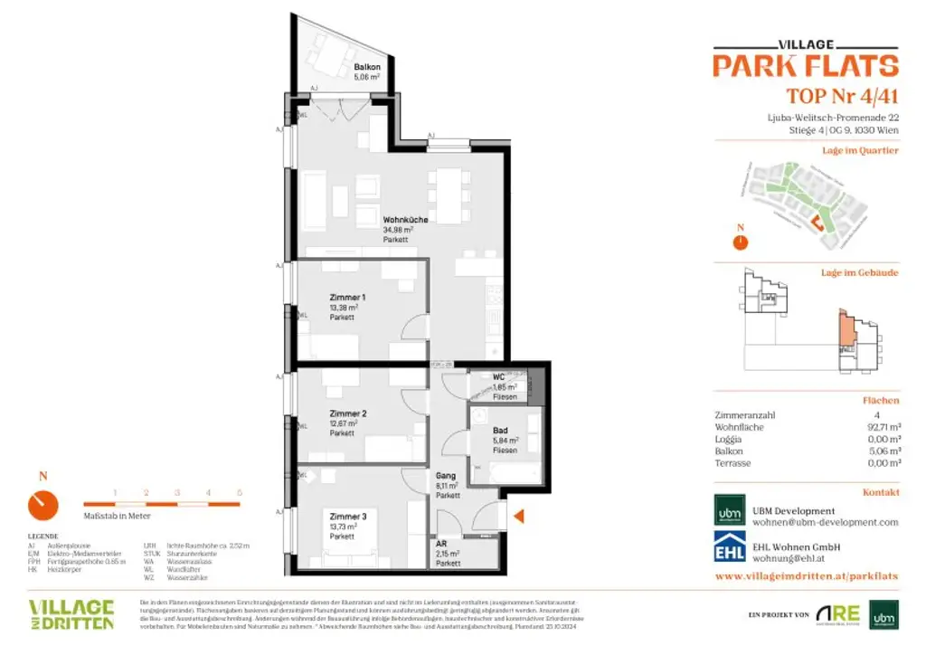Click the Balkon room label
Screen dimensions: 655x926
tap(366, 67)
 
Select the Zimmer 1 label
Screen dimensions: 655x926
tap(347, 297)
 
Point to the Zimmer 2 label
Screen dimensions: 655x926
tap(347, 413)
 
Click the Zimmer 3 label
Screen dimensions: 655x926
tap(347, 516)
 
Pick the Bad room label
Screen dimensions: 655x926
tap(500, 432)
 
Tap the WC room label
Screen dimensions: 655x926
tap(497, 377)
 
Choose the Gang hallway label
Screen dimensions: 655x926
tap(444, 476)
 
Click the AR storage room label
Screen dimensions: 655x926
tap(441, 543)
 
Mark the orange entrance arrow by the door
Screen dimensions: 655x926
tap(519, 517)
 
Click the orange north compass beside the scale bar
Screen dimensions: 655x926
tap(43, 503)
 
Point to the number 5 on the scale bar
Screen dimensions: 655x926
tap(240, 492)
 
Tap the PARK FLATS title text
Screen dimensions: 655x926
tap(805, 66)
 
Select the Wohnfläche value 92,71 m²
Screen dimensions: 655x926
tap(882, 427)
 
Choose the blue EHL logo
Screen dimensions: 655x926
tap(730, 546)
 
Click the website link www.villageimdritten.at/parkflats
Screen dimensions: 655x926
tap(806, 575)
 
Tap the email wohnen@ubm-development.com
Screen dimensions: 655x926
tap(826, 522)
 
